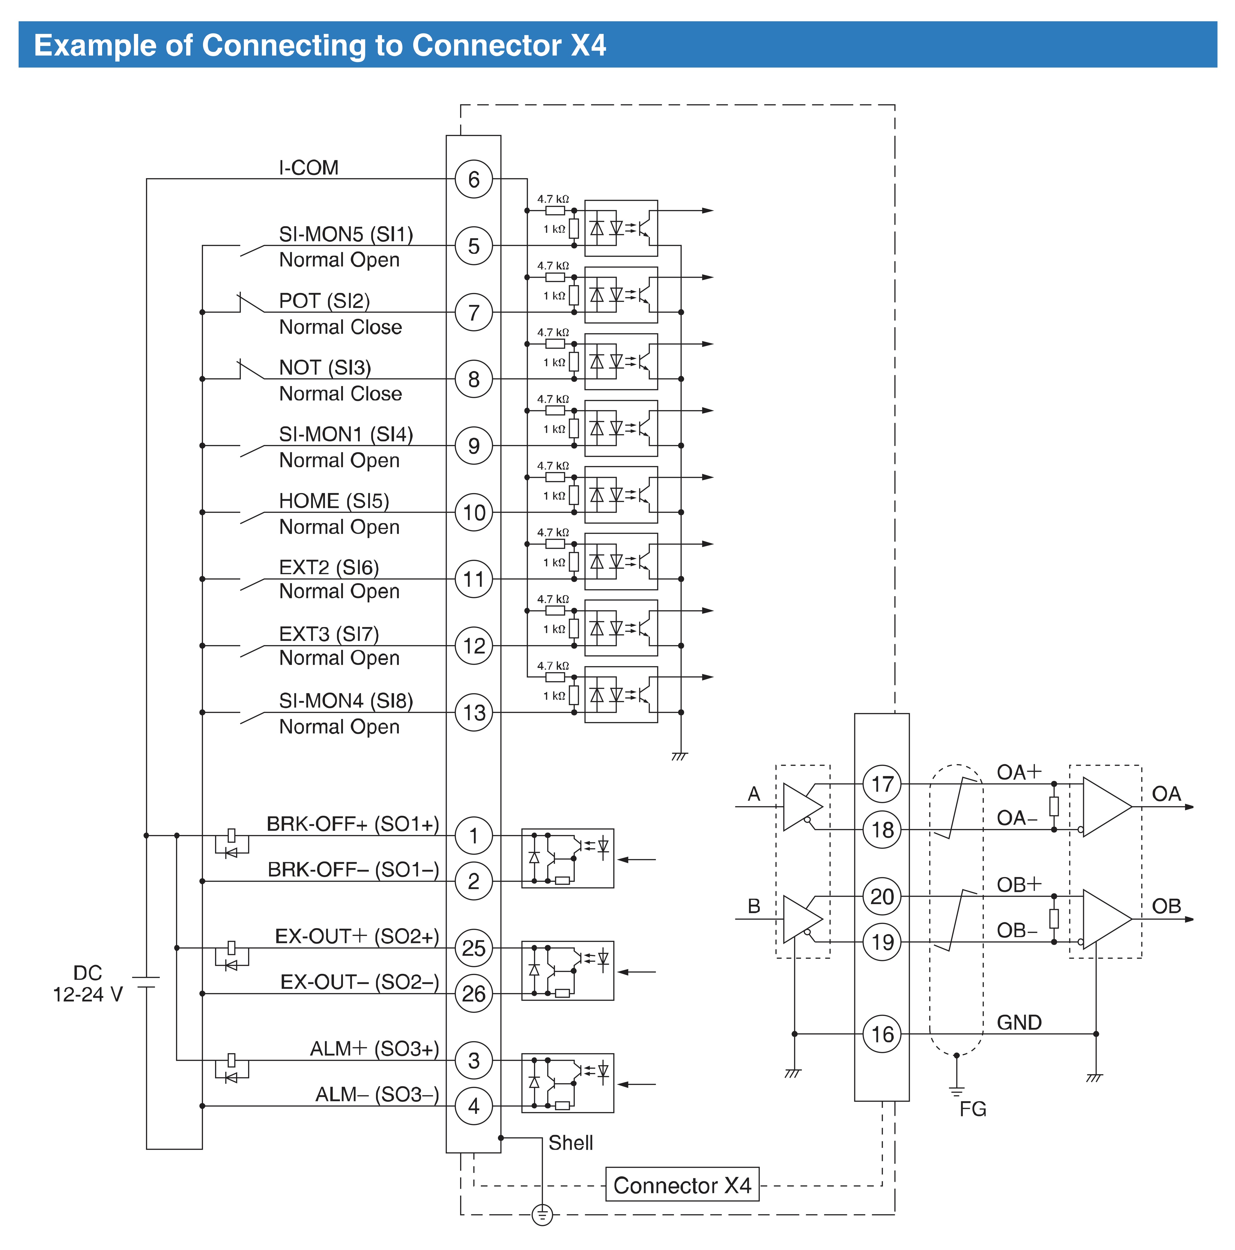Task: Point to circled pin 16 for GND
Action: [x=882, y=1034]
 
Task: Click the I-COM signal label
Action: [x=308, y=168]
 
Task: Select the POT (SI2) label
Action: [x=324, y=301]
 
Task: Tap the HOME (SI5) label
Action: [x=334, y=501]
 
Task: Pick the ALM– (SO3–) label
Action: [x=377, y=1094]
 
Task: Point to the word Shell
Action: [x=570, y=1143]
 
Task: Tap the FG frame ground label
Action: [x=973, y=1109]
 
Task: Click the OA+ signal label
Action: [x=1019, y=772]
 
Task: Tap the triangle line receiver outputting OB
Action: [x=1107, y=919]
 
